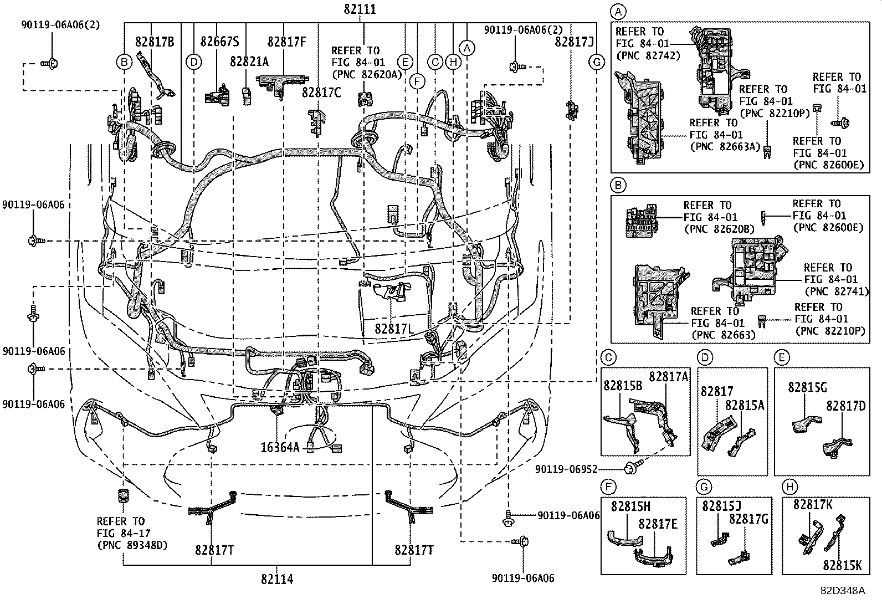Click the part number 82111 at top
[360, 9]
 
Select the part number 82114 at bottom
[277, 579]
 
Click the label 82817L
[394, 329]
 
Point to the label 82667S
[220, 42]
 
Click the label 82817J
[575, 42]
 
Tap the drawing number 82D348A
[843, 590]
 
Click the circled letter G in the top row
[597, 62]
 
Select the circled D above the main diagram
[193, 62]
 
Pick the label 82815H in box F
[631, 506]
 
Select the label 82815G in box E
[808, 387]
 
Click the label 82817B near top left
[155, 42]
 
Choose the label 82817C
[321, 93]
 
